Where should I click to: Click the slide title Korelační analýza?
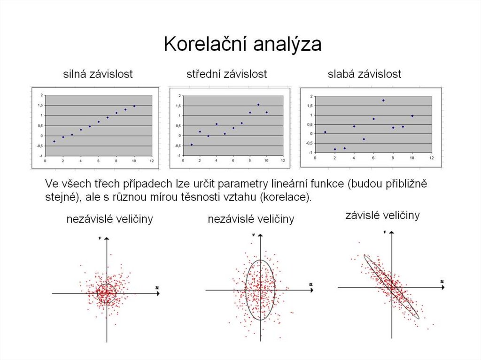tap(242, 45)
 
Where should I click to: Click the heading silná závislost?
tap(98, 74)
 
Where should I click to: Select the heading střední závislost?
tap(226, 74)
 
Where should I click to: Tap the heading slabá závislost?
tap(364, 74)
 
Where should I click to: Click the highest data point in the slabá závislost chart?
tap(383, 100)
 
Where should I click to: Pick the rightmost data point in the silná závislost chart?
tap(134, 106)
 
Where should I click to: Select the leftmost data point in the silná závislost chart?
tap(54, 141)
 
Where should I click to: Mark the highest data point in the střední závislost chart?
tap(258, 105)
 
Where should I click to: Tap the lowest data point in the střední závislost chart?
tap(192, 145)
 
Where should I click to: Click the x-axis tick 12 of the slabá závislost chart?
tap(431, 159)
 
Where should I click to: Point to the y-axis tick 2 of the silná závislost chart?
tap(42, 95)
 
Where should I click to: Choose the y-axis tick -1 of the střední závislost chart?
tap(179, 155)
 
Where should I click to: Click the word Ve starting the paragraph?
tap(52, 183)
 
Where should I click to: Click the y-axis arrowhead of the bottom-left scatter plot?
tap(108, 239)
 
